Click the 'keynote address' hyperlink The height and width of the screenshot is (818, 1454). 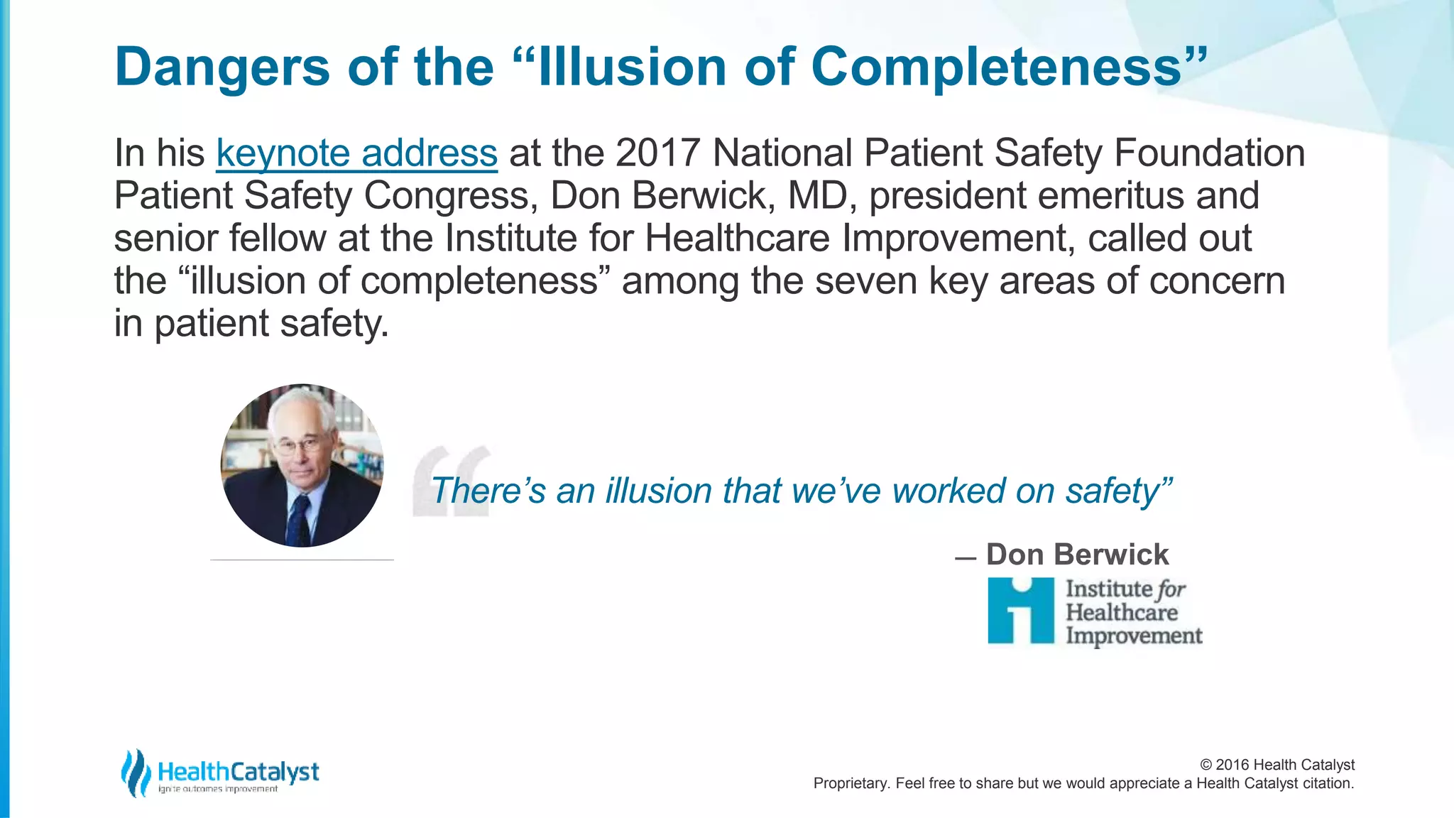(x=356, y=153)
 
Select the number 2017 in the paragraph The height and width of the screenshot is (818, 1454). (x=657, y=153)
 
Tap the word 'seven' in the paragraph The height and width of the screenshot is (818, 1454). (x=866, y=281)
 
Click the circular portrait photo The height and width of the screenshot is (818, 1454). (x=302, y=466)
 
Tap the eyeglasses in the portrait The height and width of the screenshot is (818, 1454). (x=298, y=446)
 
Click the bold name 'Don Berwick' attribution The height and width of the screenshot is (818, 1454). (x=1076, y=555)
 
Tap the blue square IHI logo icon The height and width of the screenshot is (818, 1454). (x=1021, y=611)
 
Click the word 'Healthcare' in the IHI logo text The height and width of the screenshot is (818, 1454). (x=1122, y=612)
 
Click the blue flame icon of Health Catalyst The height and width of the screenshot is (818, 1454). (x=136, y=773)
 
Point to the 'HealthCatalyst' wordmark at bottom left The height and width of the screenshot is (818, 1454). (x=239, y=771)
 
